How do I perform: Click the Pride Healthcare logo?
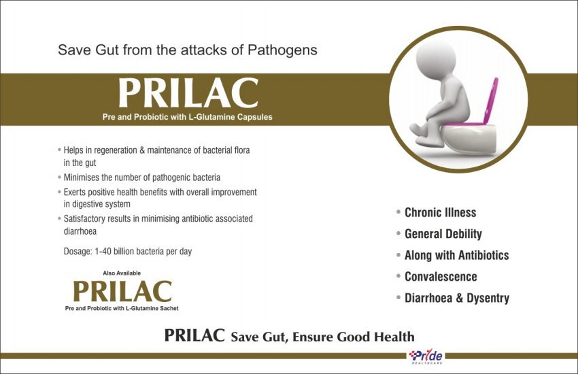(426, 357)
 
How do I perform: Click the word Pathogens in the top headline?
(282, 50)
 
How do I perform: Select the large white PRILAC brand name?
(188, 93)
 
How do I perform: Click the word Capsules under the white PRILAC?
(255, 117)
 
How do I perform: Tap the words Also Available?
(122, 273)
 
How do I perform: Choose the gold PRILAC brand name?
(122, 291)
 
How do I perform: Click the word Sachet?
(169, 308)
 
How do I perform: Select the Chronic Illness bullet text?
(441, 213)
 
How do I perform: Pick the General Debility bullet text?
(443, 234)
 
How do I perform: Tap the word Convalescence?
(441, 277)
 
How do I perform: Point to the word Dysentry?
(488, 298)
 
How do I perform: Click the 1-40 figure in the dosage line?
(103, 252)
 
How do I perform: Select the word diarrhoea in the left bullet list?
(80, 231)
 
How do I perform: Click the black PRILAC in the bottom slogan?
(194, 336)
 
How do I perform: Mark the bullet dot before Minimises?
(59, 177)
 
